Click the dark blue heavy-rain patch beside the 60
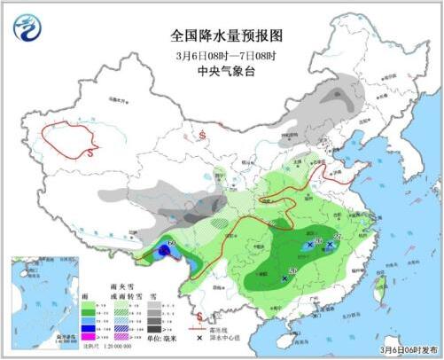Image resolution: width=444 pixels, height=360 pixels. pyautogui.click(x=166, y=254)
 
